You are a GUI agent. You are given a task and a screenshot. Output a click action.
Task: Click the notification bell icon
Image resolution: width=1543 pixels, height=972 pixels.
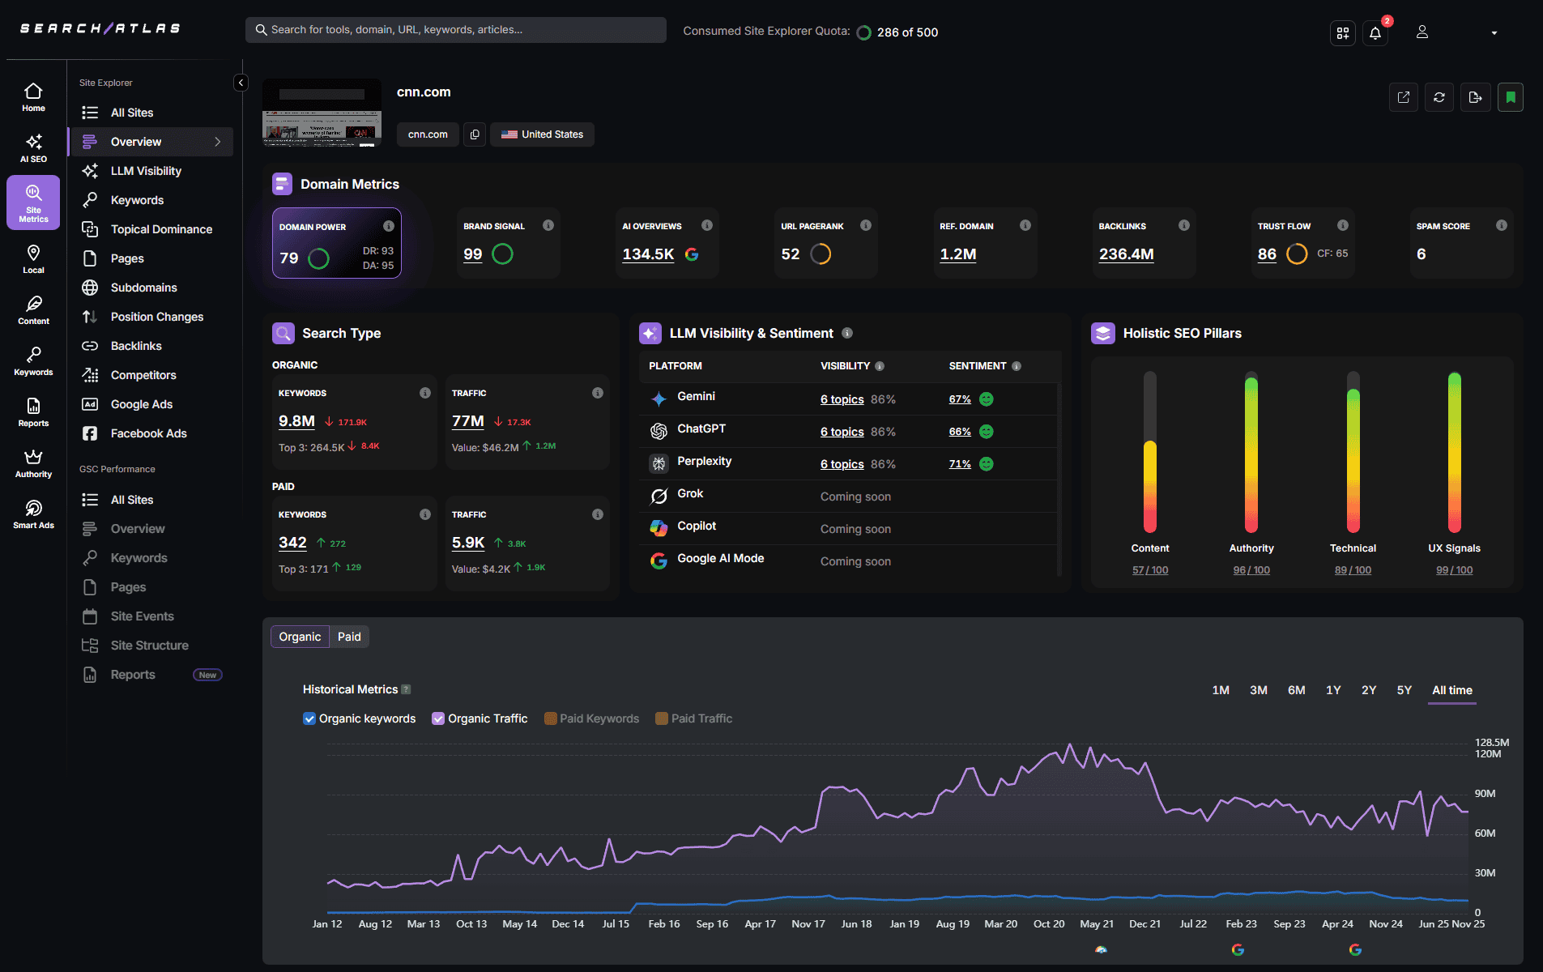(x=1375, y=33)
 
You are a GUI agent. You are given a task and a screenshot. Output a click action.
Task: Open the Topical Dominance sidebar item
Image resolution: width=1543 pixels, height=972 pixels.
(x=161, y=229)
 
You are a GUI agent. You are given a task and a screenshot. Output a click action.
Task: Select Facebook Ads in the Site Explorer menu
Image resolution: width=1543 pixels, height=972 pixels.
(x=148, y=433)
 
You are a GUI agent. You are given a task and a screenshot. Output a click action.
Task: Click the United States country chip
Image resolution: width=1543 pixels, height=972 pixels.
(x=542, y=134)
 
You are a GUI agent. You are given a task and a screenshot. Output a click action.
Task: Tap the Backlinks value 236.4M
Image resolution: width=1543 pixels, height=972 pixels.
(x=1126, y=254)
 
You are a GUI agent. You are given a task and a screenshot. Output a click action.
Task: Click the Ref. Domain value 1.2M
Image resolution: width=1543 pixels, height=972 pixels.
(x=957, y=254)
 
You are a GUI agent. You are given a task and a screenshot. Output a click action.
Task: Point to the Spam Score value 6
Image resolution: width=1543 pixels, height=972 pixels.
(x=1421, y=254)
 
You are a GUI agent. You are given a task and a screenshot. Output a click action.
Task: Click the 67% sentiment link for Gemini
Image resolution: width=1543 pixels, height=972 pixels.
(x=960, y=399)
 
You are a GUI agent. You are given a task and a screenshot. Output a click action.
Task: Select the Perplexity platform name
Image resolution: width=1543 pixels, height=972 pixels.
(x=704, y=461)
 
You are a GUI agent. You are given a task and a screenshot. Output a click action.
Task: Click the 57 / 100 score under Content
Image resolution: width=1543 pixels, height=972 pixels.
(x=1149, y=570)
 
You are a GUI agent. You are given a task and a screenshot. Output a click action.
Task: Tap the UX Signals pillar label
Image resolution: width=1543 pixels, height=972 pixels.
(x=1454, y=548)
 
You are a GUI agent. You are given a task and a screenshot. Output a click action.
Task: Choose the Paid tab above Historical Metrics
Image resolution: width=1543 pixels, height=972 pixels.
(x=349, y=637)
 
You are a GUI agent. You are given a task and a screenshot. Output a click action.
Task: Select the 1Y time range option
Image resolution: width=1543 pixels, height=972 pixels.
(x=1333, y=690)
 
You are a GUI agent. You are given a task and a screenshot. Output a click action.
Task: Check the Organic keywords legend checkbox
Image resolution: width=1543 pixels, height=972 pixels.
(x=309, y=718)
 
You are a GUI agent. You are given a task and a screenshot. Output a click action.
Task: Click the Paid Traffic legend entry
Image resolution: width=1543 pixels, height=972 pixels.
(x=701, y=718)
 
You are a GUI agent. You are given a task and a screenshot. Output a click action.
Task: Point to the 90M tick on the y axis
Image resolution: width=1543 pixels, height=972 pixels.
(x=1485, y=794)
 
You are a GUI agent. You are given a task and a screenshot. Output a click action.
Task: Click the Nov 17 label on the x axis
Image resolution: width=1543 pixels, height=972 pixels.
(x=808, y=924)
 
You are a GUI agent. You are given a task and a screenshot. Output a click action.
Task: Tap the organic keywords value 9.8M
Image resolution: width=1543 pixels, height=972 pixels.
(x=296, y=421)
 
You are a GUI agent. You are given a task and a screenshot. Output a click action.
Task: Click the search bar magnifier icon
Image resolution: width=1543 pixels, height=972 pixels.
(x=261, y=30)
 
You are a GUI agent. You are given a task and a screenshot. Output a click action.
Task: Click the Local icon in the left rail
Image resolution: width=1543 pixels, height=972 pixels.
(x=33, y=259)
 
